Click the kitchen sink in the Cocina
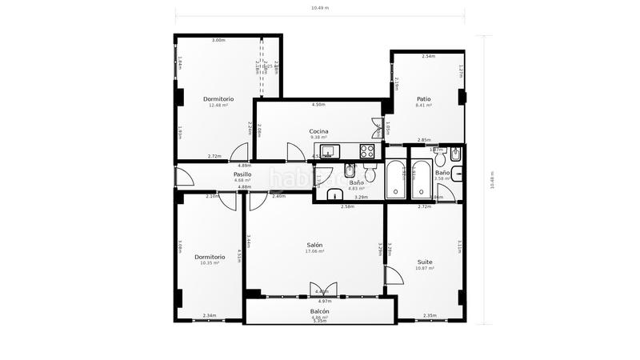coord(337,149)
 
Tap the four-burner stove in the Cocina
coord(368,150)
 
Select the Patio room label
coord(423,99)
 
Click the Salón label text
coord(315,245)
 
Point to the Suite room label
coord(425,262)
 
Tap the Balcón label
coord(319,311)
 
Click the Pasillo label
coord(242,174)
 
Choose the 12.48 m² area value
coord(218,105)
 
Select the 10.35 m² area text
coord(209,263)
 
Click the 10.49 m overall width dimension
coord(320,8)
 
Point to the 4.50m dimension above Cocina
coord(318,105)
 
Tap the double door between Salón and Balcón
coord(323,290)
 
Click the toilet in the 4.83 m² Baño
coord(370,175)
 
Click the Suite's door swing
coord(394,276)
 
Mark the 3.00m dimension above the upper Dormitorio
coord(218,40)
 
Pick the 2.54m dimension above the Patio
coord(428,57)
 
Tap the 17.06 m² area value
coord(315,251)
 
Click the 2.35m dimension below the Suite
coord(429,315)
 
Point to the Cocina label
coord(318,131)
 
